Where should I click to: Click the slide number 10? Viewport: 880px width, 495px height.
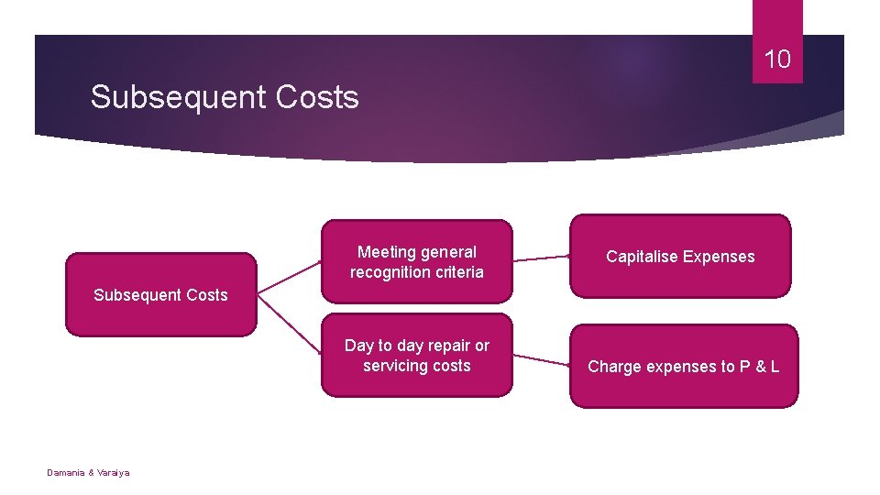click(777, 60)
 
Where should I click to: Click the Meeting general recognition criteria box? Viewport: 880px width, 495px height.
click(417, 262)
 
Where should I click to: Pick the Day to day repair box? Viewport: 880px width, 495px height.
click(417, 356)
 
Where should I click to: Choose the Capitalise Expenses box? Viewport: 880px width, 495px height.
click(680, 257)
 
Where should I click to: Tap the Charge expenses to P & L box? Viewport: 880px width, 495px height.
click(684, 367)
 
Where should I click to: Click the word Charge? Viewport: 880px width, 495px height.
click(615, 367)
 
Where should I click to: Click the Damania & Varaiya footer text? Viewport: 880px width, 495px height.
click(88, 472)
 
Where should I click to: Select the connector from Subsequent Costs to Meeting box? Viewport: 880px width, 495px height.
click(290, 277)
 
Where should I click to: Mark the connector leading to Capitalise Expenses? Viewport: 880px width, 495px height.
click(542, 259)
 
